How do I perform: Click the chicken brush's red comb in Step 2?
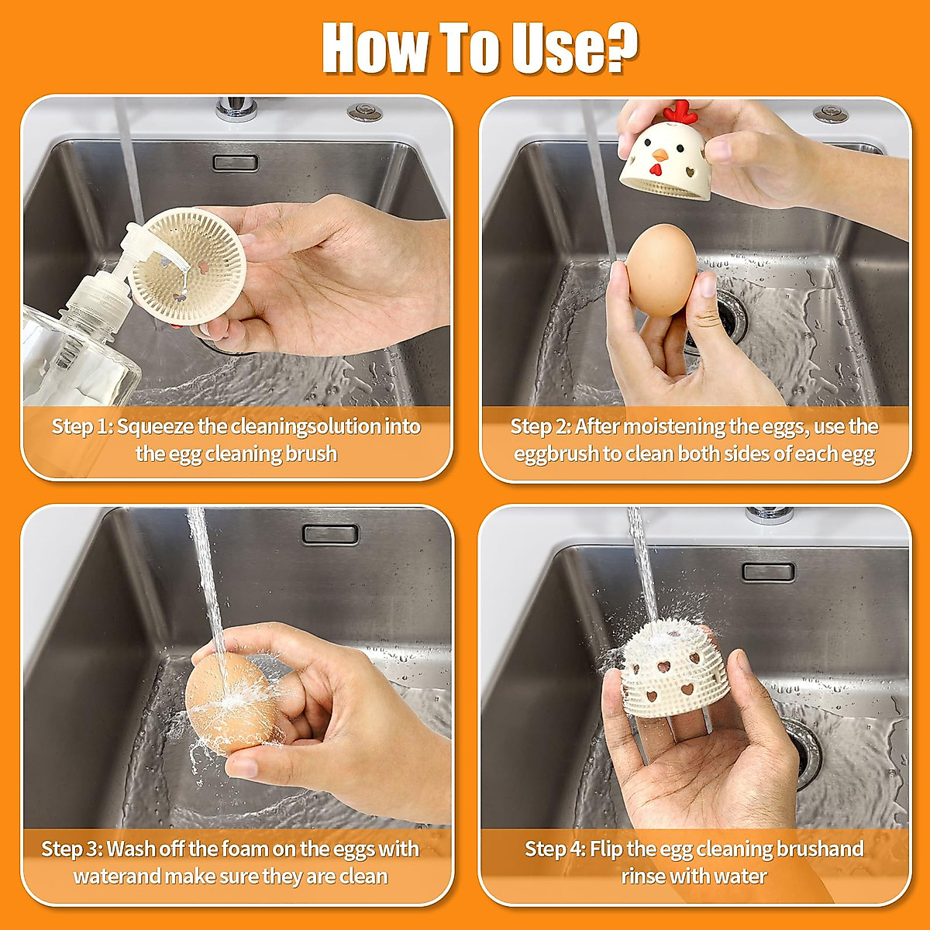click(x=681, y=112)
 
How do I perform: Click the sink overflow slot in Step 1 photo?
click(x=235, y=163)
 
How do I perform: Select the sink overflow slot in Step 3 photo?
click(x=330, y=534)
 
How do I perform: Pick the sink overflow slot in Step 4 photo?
click(x=768, y=572)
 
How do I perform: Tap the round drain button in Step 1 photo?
click(x=364, y=112)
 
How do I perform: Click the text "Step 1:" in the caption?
click(x=82, y=427)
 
